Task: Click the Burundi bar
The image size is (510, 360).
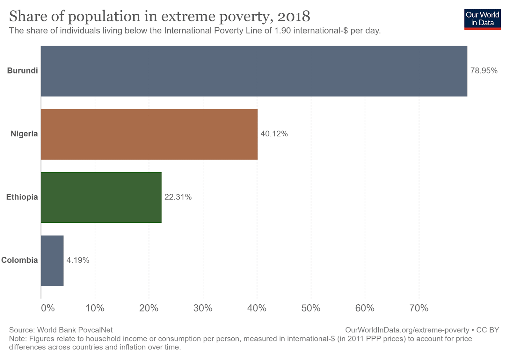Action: pyautogui.click(x=254, y=71)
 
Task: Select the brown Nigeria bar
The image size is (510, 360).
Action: pyautogui.click(x=149, y=134)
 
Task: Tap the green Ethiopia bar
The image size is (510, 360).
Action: pyautogui.click(x=101, y=197)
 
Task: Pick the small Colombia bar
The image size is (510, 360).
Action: pyautogui.click(x=52, y=261)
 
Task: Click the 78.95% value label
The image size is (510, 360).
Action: pyautogui.click(x=484, y=71)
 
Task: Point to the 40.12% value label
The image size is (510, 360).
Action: pyautogui.click(x=274, y=134)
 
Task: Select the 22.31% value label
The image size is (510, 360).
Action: pyautogui.click(x=178, y=197)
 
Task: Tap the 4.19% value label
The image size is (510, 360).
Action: pyautogui.click(x=78, y=260)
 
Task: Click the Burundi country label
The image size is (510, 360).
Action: pyautogui.click(x=22, y=71)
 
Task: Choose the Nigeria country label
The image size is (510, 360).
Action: pyautogui.click(x=24, y=134)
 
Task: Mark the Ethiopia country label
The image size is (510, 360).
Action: pyautogui.click(x=22, y=197)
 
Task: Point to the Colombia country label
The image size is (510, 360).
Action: pyautogui.click(x=19, y=260)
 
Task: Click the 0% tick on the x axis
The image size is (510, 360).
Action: pyautogui.click(x=48, y=308)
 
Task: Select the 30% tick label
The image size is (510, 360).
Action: pyautogui.click(x=203, y=308)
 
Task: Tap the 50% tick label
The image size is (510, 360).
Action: pyautogui.click(x=311, y=308)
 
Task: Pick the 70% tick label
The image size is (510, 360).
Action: pyautogui.click(x=419, y=308)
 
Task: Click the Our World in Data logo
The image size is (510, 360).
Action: pyautogui.click(x=482, y=19)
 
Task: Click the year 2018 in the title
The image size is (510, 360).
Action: pyautogui.click(x=294, y=17)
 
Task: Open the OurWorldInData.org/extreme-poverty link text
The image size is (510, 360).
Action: pyautogui.click(x=407, y=330)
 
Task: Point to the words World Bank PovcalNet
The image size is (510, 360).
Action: pyautogui.click(x=75, y=330)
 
